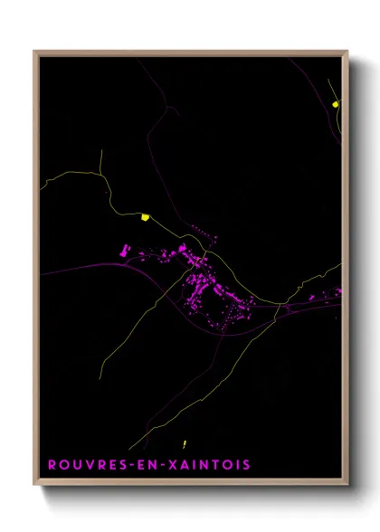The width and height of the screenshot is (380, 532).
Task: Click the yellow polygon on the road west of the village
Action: [x=145, y=216]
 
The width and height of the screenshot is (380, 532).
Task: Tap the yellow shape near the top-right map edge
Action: [x=336, y=104]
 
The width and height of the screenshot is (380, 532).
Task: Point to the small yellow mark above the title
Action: [x=184, y=443]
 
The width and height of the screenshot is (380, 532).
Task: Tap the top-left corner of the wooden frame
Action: [x=35, y=52]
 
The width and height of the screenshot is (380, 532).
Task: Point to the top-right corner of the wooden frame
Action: [x=347, y=52]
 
